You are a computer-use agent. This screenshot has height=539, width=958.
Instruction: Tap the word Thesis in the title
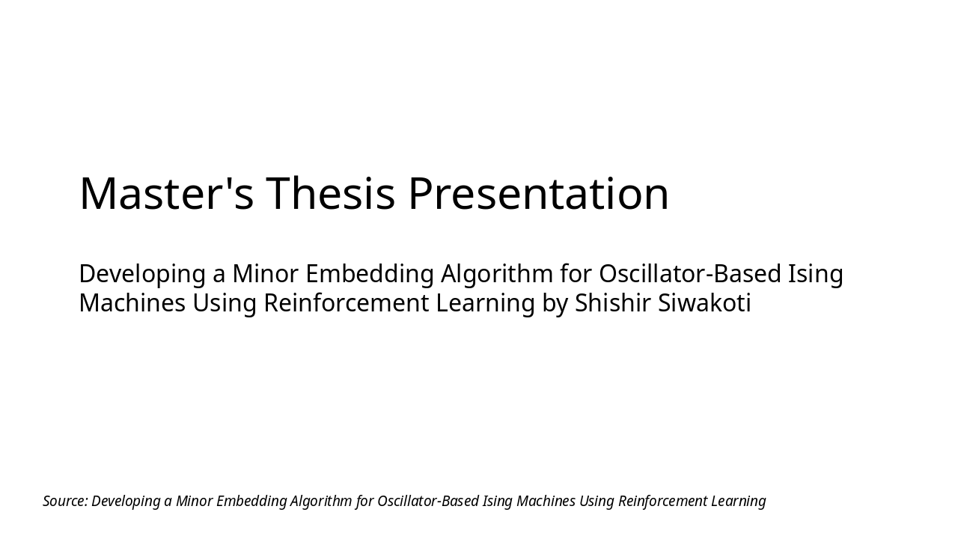pyautogui.click(x=330, y=193)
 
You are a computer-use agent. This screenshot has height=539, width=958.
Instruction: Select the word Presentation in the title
pyautogui.click(x=538, y=193)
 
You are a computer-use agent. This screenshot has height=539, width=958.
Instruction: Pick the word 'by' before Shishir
pyautogui.click(x=555, y=304)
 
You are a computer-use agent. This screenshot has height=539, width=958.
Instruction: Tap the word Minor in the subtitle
pyautogui.click(x=265, y=274)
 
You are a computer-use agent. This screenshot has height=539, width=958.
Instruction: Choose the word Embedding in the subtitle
pyautogui.click(x=370, y=274)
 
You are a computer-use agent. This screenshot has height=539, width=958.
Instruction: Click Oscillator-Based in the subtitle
pyautogui.click(x=690, y=274)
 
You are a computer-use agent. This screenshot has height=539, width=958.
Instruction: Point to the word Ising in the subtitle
pyautogui.click(x=816, y=274)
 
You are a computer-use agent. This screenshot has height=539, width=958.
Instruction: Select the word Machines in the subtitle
pyautogui.click(x=132, y=303)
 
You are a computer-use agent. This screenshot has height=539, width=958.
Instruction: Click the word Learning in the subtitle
pyautogui.click(x=494, y=303)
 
